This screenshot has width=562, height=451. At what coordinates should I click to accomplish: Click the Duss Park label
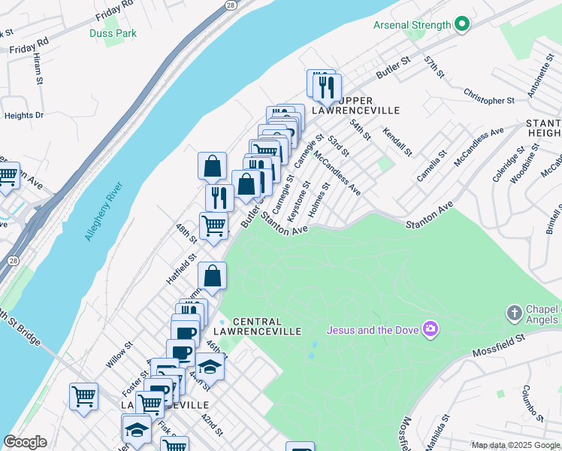(123, 33)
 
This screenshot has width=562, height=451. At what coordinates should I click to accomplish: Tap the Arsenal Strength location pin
(461, 25)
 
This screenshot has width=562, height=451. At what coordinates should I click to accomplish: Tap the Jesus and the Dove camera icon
(430, 328)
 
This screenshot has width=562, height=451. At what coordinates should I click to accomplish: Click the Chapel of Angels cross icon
(514, 313)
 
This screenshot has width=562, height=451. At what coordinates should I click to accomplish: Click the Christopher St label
(488, 100)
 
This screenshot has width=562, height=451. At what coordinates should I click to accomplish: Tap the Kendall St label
(397, 142)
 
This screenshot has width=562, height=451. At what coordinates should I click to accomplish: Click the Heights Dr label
(24, 116)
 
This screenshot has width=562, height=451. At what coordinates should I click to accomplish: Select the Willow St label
(119, 355)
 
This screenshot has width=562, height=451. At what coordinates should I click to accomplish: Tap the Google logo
(25, 442)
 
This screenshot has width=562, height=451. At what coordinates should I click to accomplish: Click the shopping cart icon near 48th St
(213, 225)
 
